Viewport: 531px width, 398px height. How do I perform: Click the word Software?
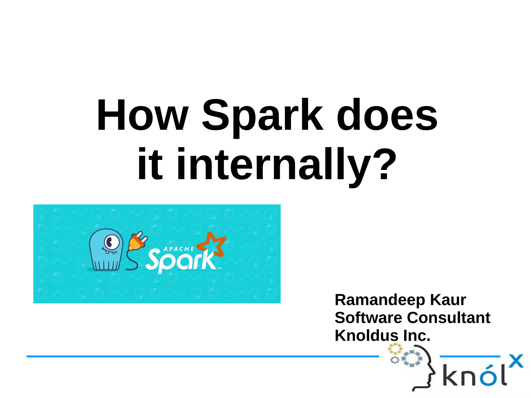point(368,318)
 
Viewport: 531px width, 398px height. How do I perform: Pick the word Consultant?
point(449,318)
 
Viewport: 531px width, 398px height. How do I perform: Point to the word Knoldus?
point(366,336)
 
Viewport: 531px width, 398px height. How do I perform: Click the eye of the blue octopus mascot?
point(111,243)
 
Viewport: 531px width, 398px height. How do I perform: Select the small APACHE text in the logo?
point(179,249)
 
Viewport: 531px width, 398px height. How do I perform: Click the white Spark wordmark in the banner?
point(181,261)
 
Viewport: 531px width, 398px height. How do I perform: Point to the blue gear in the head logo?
point(412,359)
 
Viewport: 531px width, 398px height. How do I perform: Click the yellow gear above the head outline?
point(395,349)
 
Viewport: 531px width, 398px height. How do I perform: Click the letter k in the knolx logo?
point(451,375)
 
